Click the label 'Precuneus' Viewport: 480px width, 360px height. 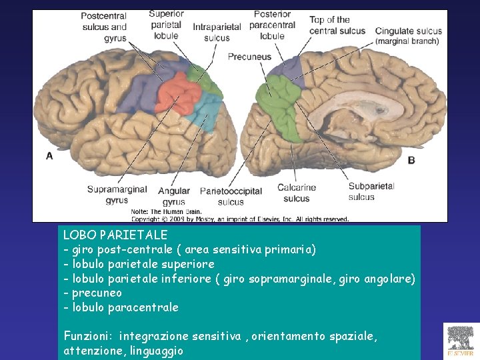(x=249, y=57)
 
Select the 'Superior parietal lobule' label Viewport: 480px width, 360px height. (x=166, y=25)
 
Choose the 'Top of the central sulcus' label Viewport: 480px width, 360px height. (x=337, y=25)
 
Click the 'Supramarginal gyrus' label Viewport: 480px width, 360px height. (x=117, y=194)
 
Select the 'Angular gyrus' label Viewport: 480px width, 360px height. (x=174, y=196)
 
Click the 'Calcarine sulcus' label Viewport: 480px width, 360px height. (x=296, y=193)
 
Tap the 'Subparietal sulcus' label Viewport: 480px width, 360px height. (x=371, y=191)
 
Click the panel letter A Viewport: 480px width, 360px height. (x=49, y=155)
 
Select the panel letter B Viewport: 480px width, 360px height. (x=411, y=160)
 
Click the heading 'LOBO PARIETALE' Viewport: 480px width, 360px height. (x=115, y=235)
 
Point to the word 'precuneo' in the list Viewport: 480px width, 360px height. (x=97, y=293)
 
